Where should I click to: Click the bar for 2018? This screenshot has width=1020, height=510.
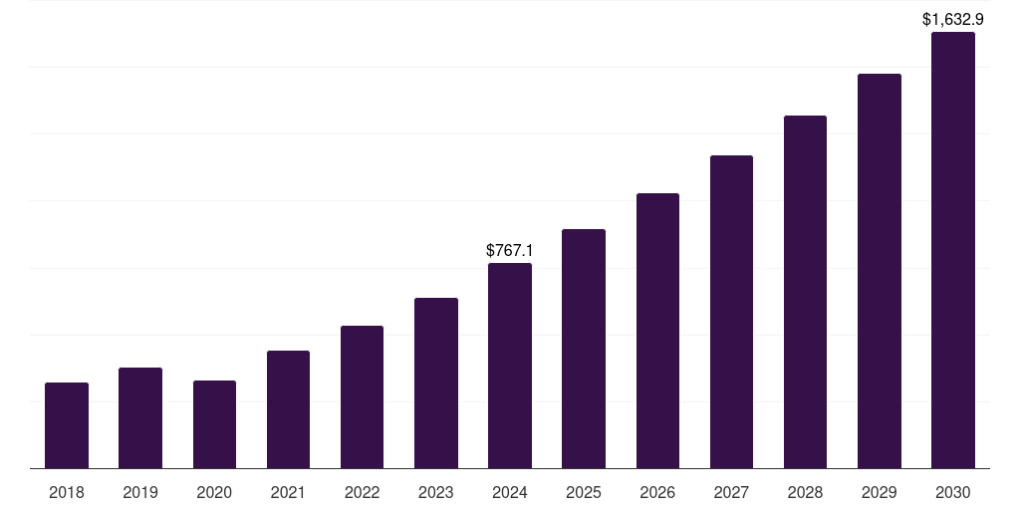[x=67, y=425]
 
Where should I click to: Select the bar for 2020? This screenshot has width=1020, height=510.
[x=214, y=424]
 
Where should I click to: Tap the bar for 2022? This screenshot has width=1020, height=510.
[x=362, y=396]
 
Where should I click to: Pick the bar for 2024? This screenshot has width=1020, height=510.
[x=510, y=366]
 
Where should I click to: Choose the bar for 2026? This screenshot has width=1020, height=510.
[x=657, y=331]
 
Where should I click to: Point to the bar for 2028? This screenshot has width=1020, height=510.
[x=805, y=292]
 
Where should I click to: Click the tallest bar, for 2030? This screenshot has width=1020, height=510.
[x=953, y=250]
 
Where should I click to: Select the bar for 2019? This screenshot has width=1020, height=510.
[x=140, y=418]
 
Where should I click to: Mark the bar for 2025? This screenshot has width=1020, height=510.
[x=584, y=349]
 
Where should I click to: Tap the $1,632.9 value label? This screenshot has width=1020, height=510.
[x=953, y=19]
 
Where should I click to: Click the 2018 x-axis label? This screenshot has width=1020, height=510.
[x=67, y=492]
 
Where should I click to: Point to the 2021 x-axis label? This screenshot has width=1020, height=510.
[x=288, y=492]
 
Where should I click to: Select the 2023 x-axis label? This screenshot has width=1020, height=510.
[x=436, y=492]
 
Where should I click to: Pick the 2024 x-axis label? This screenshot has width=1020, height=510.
[x=510, y=492]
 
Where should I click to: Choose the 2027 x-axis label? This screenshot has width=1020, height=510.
[x=731, y=492]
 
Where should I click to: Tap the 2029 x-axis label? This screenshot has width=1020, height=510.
[x=880, y=492]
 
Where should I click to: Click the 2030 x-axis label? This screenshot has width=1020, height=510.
[x=953, y=492]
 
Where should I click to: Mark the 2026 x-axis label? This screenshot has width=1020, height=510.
[x=657, y=492]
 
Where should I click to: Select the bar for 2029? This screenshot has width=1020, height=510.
[x=880, y=271]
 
